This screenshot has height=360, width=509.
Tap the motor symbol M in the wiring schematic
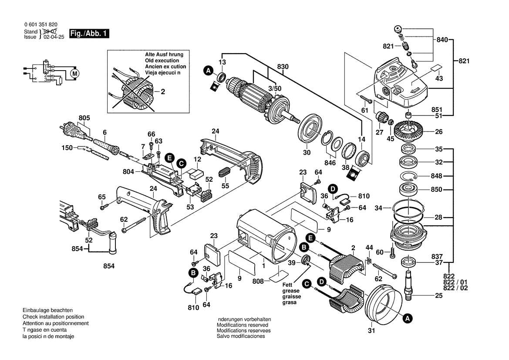(75, 73)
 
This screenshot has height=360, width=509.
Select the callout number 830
(283, 66)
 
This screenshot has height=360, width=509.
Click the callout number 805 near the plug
(84, 118)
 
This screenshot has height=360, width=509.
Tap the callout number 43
(439, 78)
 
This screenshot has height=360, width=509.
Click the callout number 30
(307, 153)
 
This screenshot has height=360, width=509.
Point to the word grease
(291, 290)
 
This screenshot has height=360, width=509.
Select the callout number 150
(67, 148)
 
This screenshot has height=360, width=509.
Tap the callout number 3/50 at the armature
(274, 88)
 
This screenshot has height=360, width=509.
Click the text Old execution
(162, 61)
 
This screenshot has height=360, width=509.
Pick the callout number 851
(437, 110)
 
